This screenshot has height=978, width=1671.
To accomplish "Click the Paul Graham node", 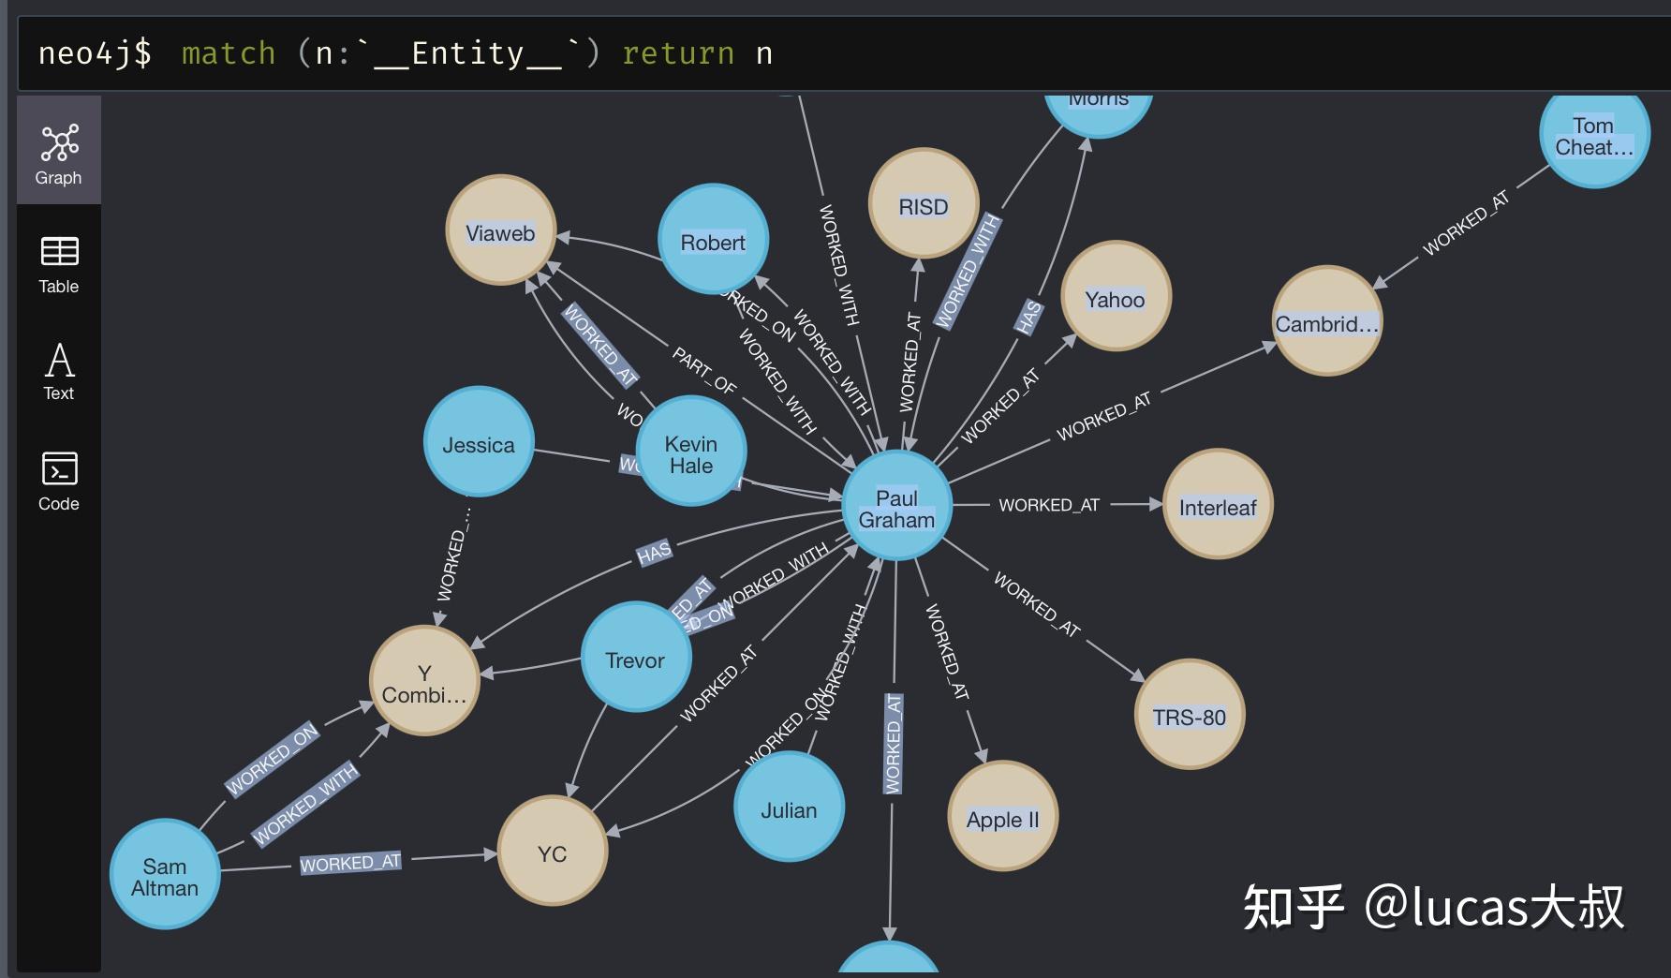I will (896, 507).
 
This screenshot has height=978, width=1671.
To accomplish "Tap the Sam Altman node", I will (165, 875).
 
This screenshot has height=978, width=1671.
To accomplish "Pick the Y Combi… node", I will (424, 681).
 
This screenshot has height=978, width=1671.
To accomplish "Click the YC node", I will (552, 852).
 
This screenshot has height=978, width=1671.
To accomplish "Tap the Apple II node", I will (1002, 817).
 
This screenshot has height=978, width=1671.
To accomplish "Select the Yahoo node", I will (1115, 297).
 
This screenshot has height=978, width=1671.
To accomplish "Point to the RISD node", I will (924, 204).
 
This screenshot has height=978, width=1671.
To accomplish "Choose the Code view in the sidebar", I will (59, 481).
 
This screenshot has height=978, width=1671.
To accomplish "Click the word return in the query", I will (678, 53).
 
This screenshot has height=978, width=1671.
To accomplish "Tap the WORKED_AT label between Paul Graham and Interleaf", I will (1049, 505).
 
